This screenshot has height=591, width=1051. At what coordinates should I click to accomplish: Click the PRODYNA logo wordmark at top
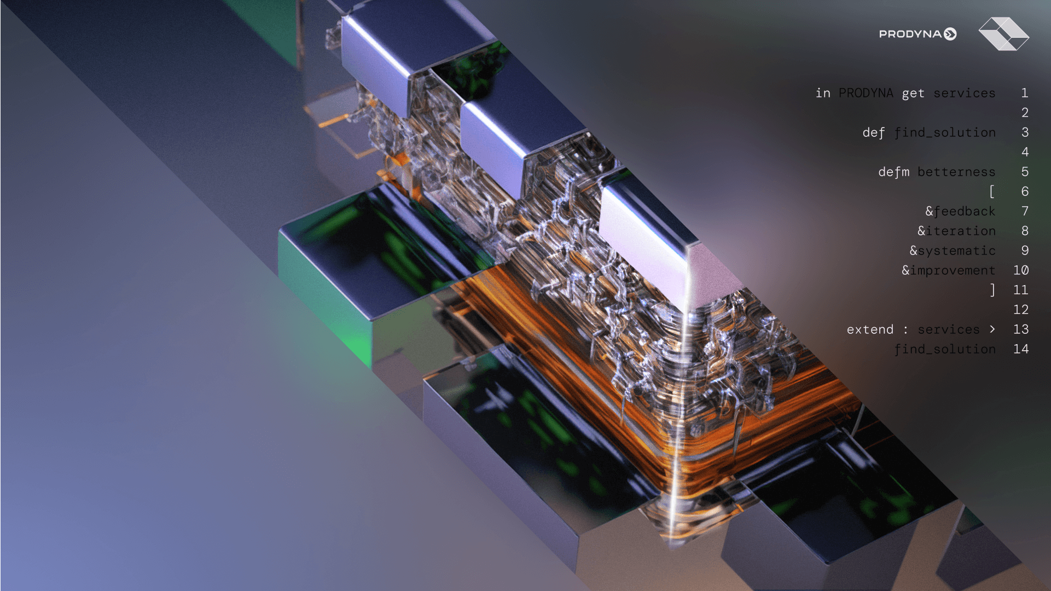click(x=918, y=34)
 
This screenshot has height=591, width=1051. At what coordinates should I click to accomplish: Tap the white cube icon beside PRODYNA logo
click(x=1003, y=34)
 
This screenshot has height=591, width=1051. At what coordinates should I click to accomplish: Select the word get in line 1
click(x=913, y=94)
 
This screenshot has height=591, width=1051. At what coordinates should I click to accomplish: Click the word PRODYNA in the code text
click(x=866, y=93)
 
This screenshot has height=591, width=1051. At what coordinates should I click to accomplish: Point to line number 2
click(x=1025, y=113)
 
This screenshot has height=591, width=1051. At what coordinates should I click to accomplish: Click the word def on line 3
click(x=874, y=133)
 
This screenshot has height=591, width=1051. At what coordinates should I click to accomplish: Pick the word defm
click(x=893, y=172)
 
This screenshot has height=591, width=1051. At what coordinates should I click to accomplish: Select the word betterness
click(x=956, y=172)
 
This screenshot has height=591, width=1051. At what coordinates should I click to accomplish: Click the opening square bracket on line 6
click(x=992, y=192)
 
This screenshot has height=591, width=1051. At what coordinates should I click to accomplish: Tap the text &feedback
click(x=960, y=211)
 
